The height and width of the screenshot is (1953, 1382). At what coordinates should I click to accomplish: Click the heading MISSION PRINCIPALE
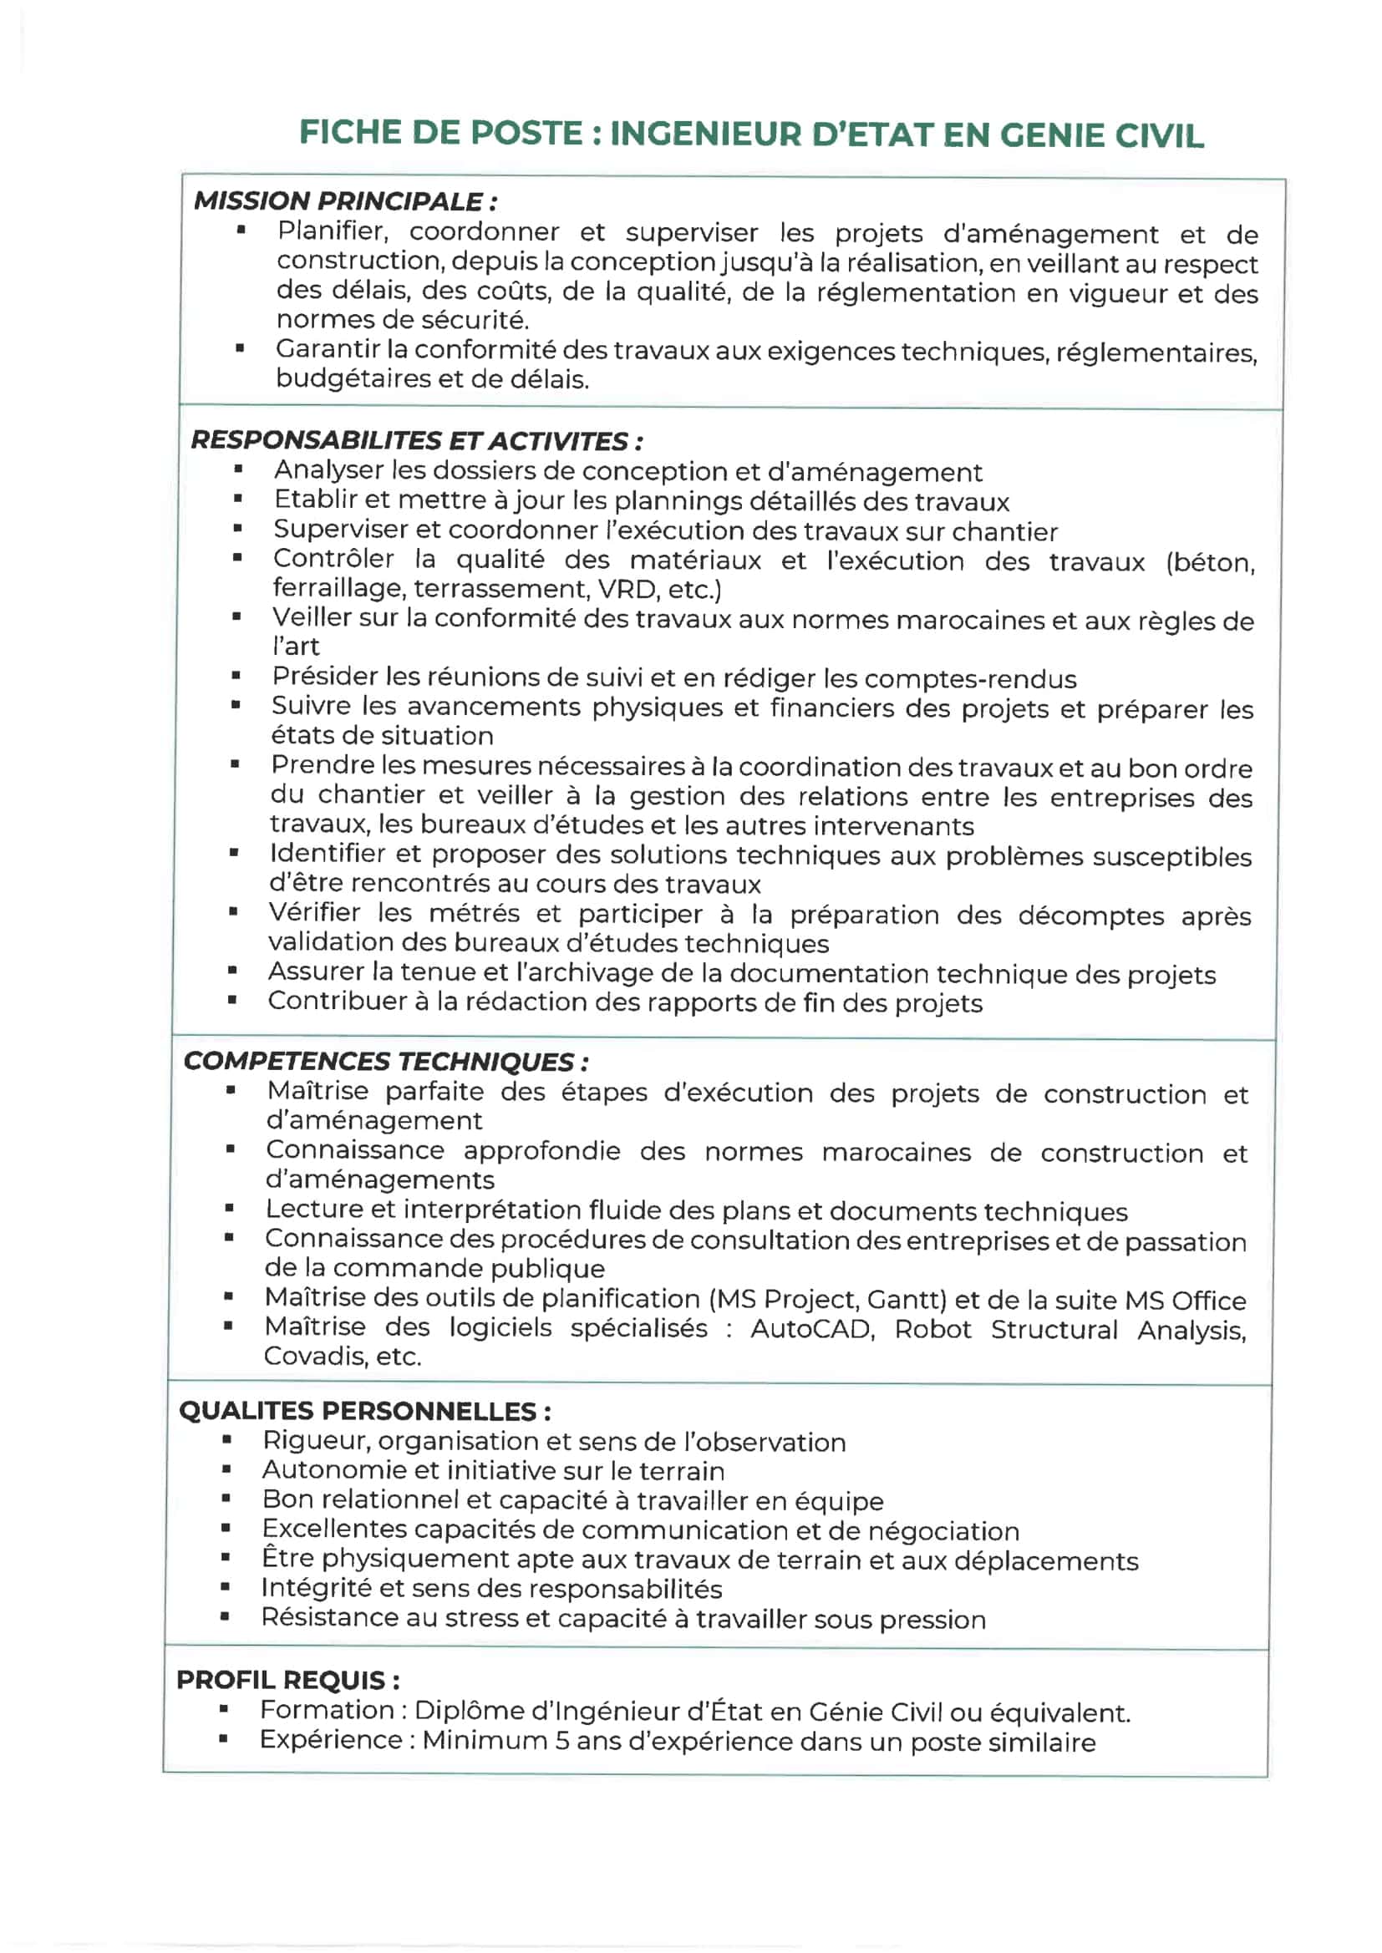pos(344,201)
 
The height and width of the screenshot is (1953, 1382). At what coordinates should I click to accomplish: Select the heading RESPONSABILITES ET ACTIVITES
pos(416,440)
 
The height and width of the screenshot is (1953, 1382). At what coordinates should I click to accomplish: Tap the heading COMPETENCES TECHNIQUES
pos(385,1062)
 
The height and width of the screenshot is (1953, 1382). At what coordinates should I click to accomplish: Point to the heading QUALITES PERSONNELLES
pos(364,1411)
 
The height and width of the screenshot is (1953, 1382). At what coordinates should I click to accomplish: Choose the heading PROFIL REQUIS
pos(287,1680)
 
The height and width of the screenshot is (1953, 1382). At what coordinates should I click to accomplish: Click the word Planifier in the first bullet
pos(333,231)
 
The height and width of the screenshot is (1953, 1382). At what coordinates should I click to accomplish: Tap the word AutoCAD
pos(812,1330)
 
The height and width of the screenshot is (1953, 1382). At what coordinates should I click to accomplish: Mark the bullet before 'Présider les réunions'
pos(236,677)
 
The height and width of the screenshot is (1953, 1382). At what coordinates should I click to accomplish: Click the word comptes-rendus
pos(970,680)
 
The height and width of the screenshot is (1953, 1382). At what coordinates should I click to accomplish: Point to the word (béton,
pos(1210,562)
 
